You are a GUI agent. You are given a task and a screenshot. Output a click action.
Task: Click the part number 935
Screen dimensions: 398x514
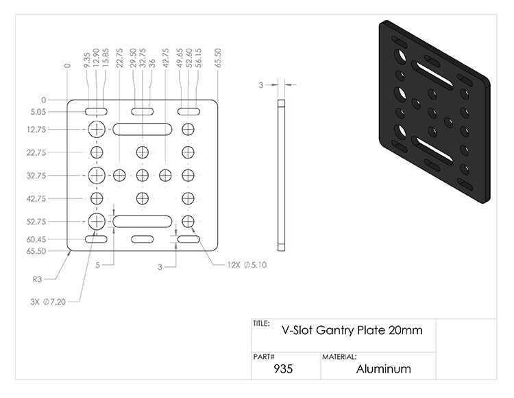283,368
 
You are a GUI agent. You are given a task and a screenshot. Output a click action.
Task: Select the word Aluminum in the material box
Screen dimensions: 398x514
384,368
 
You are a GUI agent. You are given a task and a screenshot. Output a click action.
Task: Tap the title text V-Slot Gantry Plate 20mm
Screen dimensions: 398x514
352,329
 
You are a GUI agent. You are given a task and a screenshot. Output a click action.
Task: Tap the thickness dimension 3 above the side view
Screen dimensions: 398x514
260,85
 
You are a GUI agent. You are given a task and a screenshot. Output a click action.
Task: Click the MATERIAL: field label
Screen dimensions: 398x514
339,357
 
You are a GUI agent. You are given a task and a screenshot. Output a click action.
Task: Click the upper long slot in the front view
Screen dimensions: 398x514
143,128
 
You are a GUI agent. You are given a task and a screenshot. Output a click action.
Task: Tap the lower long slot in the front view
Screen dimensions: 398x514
143,221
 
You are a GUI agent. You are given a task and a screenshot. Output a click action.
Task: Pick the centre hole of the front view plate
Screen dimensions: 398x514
143,175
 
